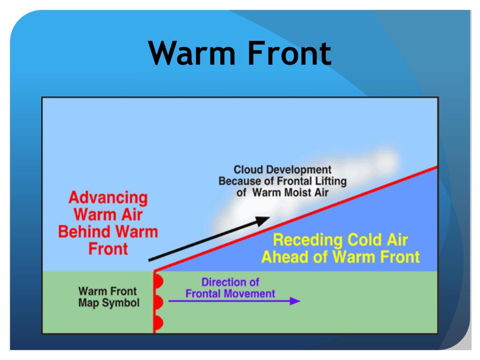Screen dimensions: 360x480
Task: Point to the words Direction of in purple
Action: coord(230,283)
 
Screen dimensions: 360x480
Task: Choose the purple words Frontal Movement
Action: coord(230,294)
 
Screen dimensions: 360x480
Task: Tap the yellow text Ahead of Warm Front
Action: coord(340,257)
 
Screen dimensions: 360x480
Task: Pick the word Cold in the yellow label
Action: coord(360,240)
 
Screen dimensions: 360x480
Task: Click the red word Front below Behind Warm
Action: coord(108,248)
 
